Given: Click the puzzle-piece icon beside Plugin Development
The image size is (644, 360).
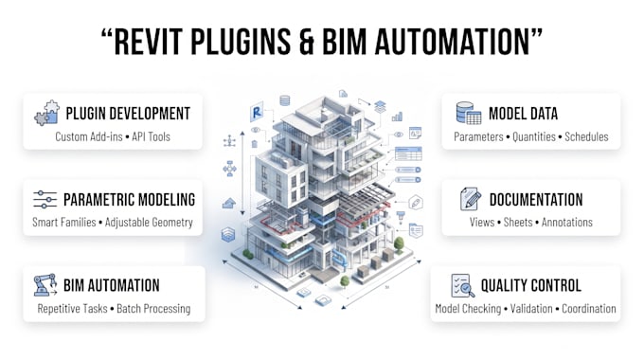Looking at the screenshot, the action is point(46,113).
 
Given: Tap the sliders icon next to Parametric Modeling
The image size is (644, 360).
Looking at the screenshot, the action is point(45,199).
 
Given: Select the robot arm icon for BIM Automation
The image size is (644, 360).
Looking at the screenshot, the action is point(45,285).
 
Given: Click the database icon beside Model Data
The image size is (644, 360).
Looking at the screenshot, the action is point(469,113).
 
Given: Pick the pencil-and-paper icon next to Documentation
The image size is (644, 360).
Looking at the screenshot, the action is point(471,199).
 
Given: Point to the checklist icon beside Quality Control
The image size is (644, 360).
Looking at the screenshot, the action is point(463,285).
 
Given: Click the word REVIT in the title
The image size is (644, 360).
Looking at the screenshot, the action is point(148,42).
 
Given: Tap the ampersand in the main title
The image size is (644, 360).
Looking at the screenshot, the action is point(306,42).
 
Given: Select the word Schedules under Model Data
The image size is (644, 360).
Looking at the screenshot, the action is point(586,136).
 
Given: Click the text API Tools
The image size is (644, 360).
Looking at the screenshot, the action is point(151,136).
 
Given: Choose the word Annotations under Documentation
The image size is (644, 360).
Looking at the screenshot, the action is point(566,223).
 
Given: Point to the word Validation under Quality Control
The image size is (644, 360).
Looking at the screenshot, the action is point(531,309).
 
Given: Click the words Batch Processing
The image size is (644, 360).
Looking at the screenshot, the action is point(153,309).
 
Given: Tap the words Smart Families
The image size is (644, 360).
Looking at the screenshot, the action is point(64,223).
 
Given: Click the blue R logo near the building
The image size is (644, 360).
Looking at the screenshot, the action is point(257,112).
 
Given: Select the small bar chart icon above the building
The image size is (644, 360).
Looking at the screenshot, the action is point(397,117).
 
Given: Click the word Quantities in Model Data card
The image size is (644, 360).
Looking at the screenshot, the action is point(534,136).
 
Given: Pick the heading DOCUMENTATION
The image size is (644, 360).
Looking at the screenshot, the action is point(536,200).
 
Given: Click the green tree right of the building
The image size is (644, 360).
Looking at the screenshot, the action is point(399,244).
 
